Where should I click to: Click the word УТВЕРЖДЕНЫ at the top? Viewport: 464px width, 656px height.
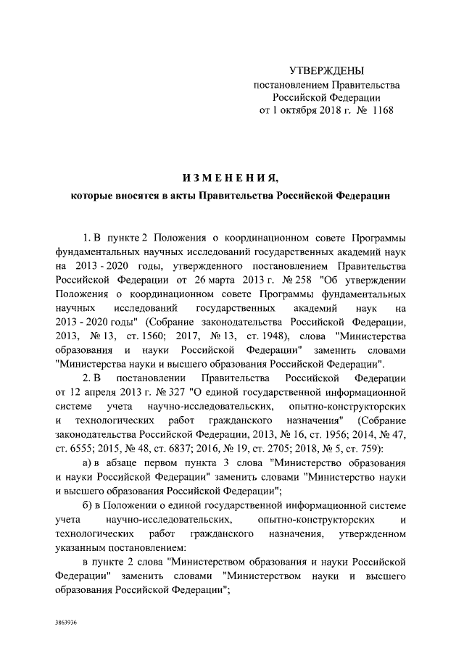coord(326,71)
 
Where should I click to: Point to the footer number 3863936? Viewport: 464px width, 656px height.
coord(67,623)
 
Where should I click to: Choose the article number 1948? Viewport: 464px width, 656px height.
coord(269,337)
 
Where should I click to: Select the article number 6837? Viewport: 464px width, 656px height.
coord(187,448)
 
